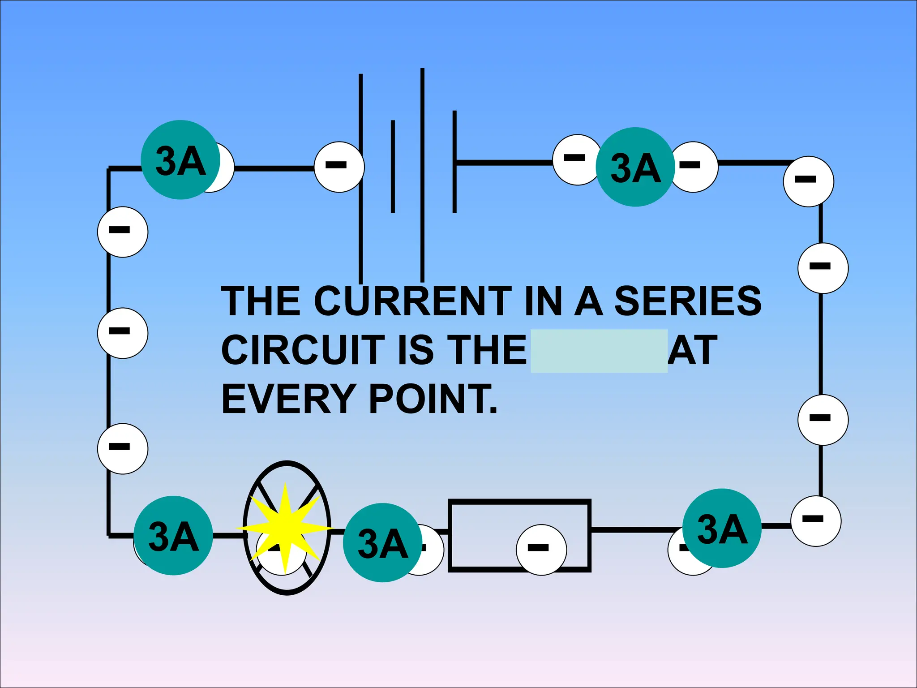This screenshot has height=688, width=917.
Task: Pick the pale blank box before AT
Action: pos(599,351)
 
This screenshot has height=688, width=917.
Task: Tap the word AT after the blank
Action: pos(692,350)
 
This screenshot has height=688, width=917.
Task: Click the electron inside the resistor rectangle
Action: pos(541,550)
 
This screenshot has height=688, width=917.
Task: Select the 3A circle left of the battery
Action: pos(180,160)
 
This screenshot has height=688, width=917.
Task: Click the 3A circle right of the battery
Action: pos(635,167)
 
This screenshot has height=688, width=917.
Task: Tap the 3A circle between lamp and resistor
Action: pos(382,542)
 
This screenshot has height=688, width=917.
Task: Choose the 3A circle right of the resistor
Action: pos(721,528)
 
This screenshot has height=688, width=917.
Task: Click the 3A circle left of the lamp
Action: pos(173,535)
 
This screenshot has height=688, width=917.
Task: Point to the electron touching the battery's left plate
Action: pos(339,167)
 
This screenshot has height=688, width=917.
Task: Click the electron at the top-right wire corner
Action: pos(808,181)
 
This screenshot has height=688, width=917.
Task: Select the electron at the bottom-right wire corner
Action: pos(815,521)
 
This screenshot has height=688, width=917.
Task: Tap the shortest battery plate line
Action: pos(393,167)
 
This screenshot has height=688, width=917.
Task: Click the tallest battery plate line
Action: pos(422,175)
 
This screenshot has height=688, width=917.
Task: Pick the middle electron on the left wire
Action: pos(122,333)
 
